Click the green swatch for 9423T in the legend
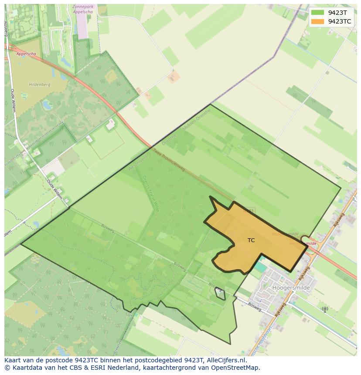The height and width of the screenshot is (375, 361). pos(318,13)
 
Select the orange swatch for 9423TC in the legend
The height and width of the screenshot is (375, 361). pos(318,21)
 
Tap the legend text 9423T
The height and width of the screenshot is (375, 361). pos(337,13)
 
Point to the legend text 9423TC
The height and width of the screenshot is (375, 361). pos(340,21)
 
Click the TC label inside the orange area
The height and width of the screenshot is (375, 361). pos(251,240)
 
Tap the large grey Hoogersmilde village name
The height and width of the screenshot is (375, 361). pos(291,288)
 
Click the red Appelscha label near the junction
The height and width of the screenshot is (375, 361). pos(26,54)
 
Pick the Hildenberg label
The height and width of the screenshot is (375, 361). pos(40,84)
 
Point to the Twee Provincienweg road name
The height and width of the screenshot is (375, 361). pos(169,160)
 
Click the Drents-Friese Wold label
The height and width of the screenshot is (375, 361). pos(151,193)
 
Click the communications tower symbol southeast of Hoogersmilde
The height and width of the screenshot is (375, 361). pos(324,310)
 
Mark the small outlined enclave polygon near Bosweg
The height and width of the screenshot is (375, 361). pos(220,294)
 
